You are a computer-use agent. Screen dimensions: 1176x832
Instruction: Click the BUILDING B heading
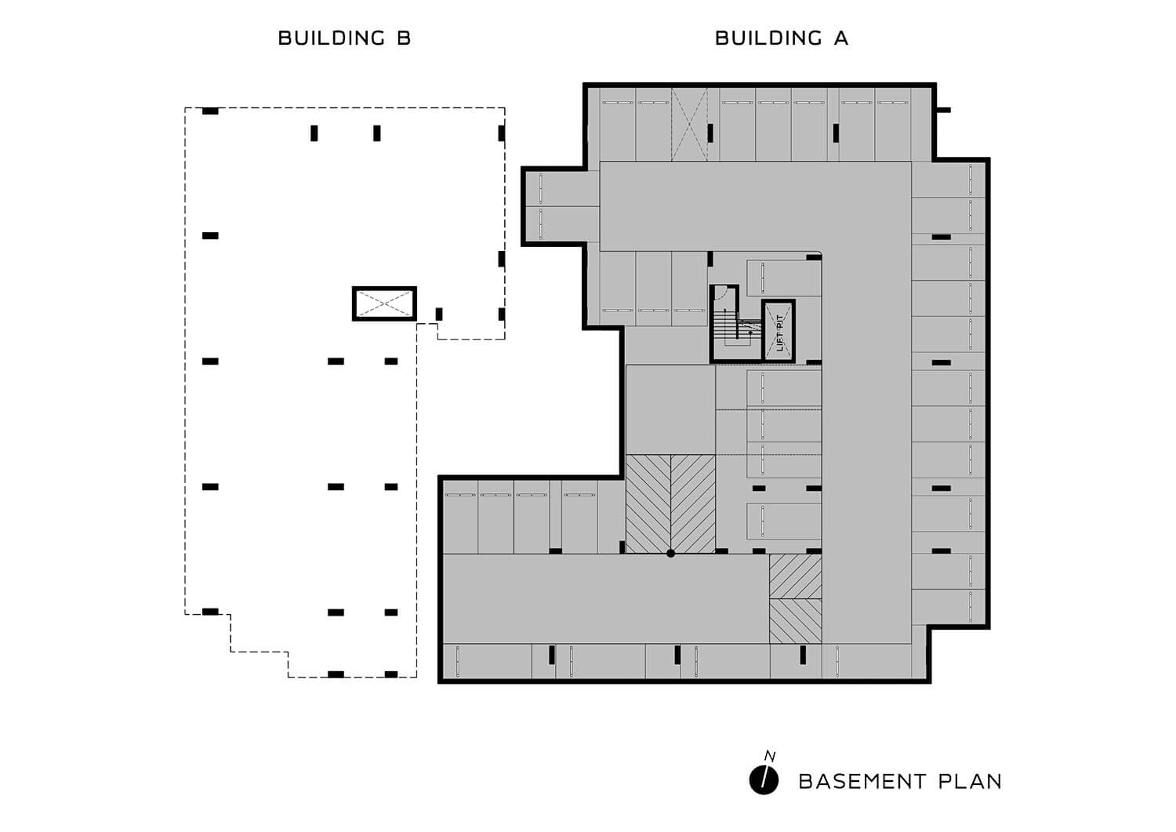point(344,38)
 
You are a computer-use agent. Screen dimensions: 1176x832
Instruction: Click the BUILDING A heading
point(781,38)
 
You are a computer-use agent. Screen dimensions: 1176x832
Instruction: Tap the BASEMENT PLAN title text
point(900,782)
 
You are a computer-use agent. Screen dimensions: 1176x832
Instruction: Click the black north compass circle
point(764,780)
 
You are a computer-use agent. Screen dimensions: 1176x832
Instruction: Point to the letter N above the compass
point(770,757)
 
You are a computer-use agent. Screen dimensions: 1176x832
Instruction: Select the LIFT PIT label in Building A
point(779,332)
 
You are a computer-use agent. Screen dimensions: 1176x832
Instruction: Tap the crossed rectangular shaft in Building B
point(384,303)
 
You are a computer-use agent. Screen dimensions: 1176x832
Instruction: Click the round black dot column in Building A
point(670,553)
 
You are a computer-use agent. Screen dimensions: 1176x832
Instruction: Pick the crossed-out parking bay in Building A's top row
point(689,124)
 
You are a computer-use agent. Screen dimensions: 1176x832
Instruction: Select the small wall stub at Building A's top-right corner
point(943,111)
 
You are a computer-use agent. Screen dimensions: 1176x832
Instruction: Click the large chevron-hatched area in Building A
point(670,504)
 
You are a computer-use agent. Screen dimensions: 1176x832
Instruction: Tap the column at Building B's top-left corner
point(210,111)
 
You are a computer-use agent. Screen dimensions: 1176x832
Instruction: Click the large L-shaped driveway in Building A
point(866,368)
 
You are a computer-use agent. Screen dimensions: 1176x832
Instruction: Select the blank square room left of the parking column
point(670,409)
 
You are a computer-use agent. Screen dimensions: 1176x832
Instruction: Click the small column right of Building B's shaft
point(439,314)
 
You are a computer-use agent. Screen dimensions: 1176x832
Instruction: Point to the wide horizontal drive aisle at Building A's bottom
point(606,599)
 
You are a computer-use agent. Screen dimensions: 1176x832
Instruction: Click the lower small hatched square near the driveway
point(796,621)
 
